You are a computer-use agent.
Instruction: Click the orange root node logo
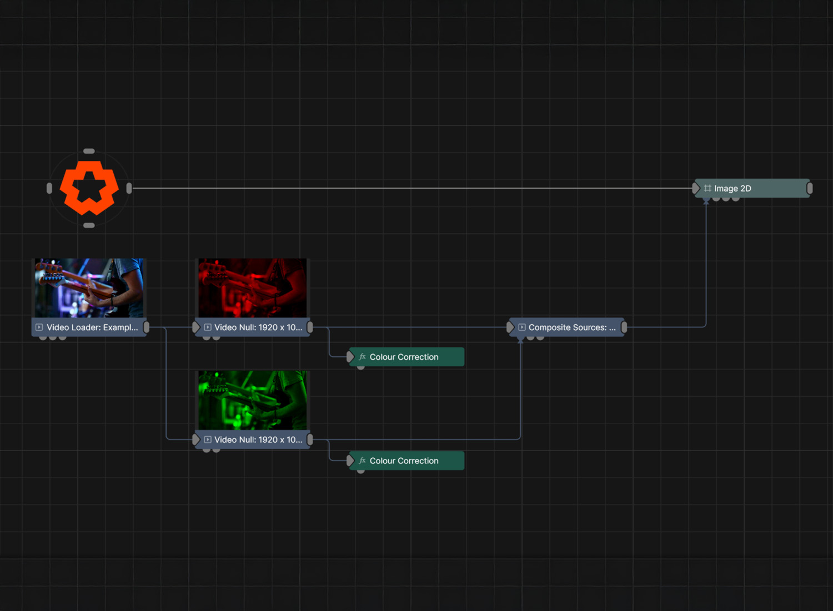click(89, 188)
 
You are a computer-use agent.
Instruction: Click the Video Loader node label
click(92, 327)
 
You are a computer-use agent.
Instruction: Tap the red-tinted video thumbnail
click(253, 287)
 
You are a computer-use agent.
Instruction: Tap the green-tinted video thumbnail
click(253, 400)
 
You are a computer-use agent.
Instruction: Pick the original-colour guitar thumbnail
click(89, 287)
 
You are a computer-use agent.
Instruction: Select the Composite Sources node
click(571, 327)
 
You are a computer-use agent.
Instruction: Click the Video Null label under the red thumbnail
click(258, 327)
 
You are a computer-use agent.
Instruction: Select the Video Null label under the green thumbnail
click(258, 440)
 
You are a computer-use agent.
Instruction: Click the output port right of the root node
click(129, 188)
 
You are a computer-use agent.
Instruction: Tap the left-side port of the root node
click(49, 188)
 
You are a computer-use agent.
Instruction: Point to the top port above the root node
click(89, 151)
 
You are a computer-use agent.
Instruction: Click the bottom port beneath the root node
click(89, 225)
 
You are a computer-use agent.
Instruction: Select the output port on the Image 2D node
click(810, 189)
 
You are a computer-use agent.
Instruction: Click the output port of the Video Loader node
click(147, 327)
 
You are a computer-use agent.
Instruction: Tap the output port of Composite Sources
click(624, 327)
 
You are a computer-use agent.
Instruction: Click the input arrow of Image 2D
click(696, 189)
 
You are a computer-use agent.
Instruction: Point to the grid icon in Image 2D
click(707, 189)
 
